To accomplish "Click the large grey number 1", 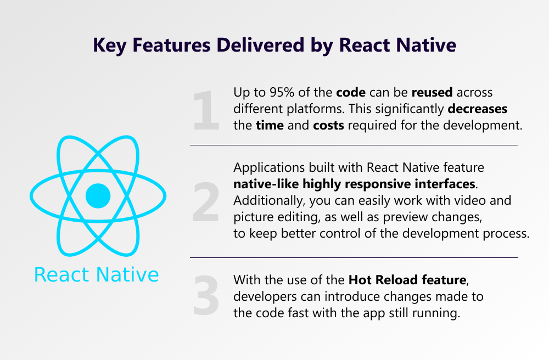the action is pos(206,110).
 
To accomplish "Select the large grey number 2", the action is pos(206,202).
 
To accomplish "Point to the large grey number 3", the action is pos(206,295).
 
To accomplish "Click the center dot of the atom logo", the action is pos(98,196).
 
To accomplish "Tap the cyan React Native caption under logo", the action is pos(96,274).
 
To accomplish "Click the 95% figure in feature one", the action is pos(282,92).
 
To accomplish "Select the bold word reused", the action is pos(432,92).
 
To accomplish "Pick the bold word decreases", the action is pos(478,109).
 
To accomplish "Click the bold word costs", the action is pos(328,125).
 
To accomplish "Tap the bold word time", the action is pos(270,125).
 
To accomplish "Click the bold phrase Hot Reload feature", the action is pos(407,280).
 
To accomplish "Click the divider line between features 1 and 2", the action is pos(354,145).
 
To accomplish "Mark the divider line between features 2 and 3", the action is pos(354,257).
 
